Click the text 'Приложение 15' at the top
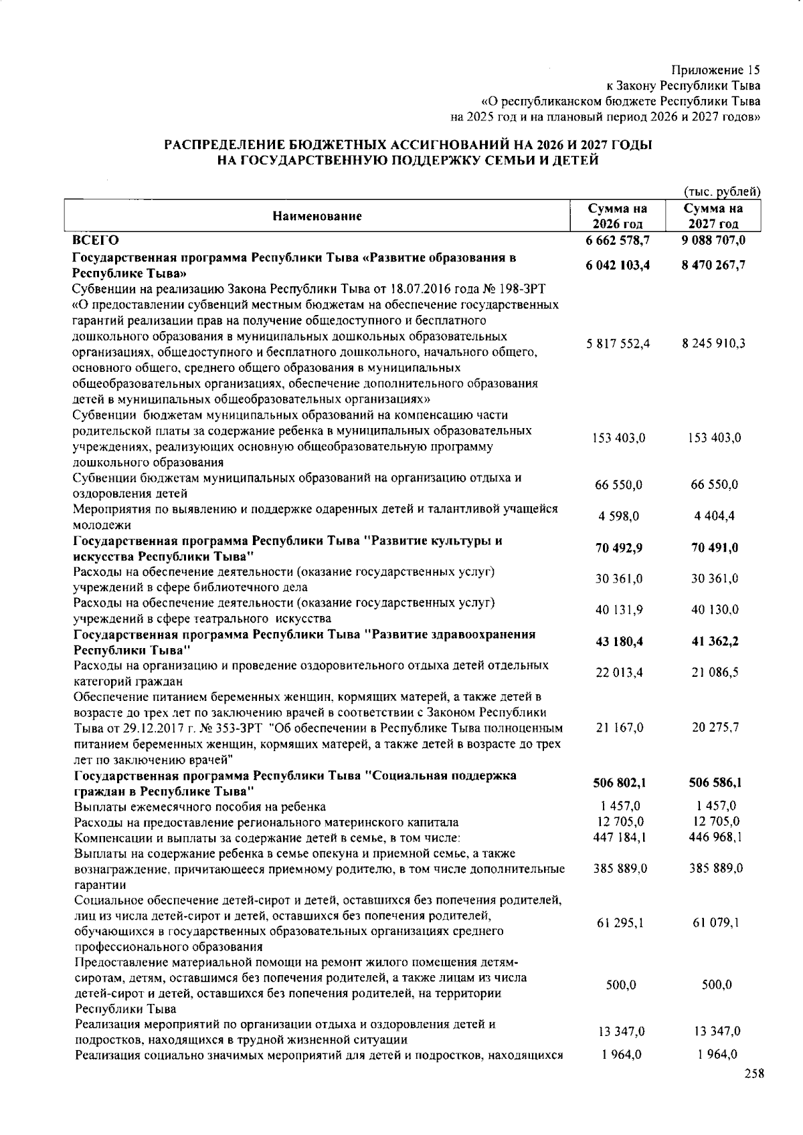[716, 70]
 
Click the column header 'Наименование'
[317, 216]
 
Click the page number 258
[753, 1073]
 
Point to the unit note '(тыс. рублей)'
[721, 192]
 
